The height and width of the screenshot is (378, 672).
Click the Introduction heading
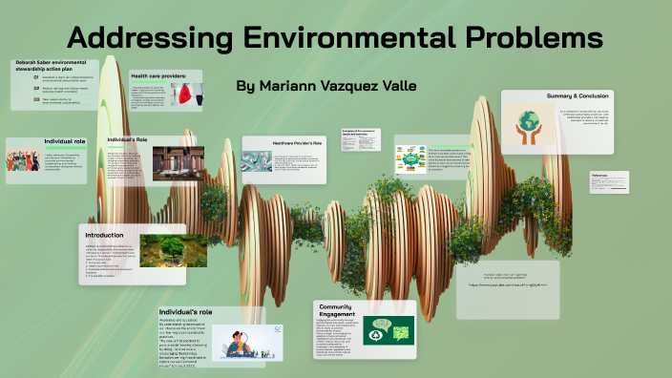(x=105, y=234)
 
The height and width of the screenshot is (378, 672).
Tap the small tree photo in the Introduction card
(x=174, y=250)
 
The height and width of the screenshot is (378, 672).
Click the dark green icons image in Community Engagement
(x=388, y=329)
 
